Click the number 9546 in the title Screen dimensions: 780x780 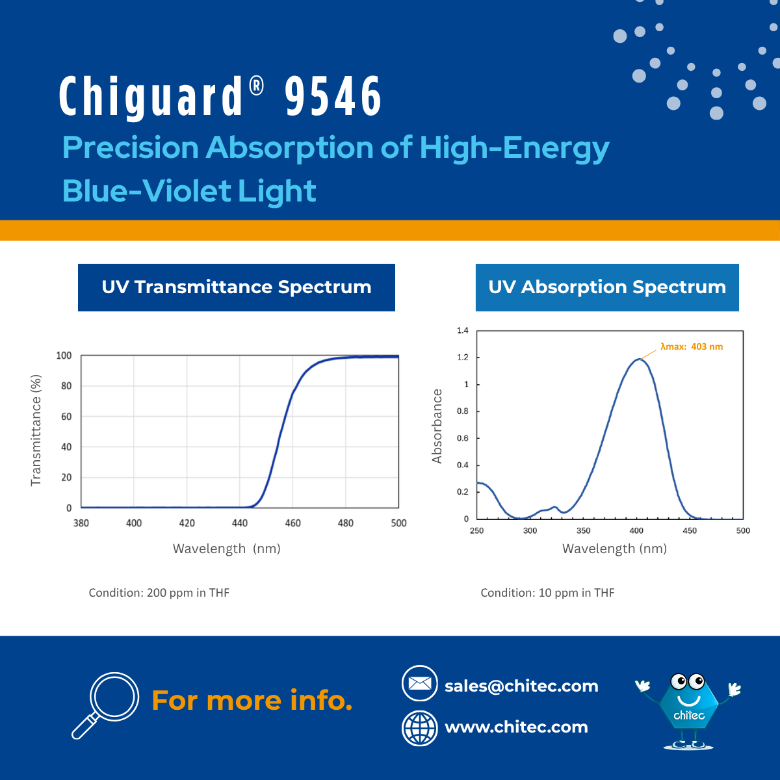click(x=333, y=96)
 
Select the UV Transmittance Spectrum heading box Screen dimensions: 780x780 click(x=237, y=287)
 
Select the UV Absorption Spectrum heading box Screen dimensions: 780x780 click(x=607, y=287)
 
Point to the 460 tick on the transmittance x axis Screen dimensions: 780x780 click(x=293, y=523)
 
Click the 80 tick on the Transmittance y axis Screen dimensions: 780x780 click(x=66, y=386)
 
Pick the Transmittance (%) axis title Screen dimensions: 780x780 click(x=36, y=430)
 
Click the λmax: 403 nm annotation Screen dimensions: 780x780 click(x=692, y=347)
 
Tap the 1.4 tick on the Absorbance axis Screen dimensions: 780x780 click(x=462, y=331)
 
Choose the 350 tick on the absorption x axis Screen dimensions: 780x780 click(x=583, y=531)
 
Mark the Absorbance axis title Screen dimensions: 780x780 click(x=437, y=426)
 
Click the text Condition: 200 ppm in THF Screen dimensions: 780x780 click(x=159, y=593)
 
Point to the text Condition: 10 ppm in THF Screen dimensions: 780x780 click(x=547, y=593)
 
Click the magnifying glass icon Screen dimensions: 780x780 click(x=106, y=704)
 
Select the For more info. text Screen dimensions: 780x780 click(x=252, y=701)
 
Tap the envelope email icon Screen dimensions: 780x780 click(x=420, y=684)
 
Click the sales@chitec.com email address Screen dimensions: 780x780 click(x=521, y=686)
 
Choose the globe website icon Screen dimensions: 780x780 click(x=420, y=728)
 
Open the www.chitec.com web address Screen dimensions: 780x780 click(x=516, y=727)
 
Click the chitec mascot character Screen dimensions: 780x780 click(x=689, y=710)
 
